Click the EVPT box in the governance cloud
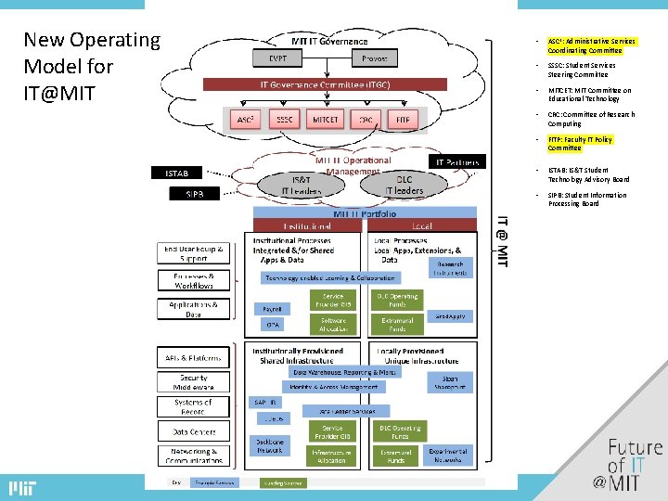[x=279, y=58]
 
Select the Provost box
[x=375, y=58]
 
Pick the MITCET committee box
[x=325, y=120]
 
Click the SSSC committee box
[x=284, y=120]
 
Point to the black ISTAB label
[x=176, y=173]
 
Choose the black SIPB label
[x=194, y=194]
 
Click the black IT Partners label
[x=458, y=161]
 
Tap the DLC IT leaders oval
[x=403, y=185]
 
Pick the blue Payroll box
[x=272, y=309]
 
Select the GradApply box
[x=451, y=316]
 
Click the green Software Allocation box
[x=333, y=324]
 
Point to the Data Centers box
[x=193, y=431]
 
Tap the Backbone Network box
[x=271, y=445]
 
